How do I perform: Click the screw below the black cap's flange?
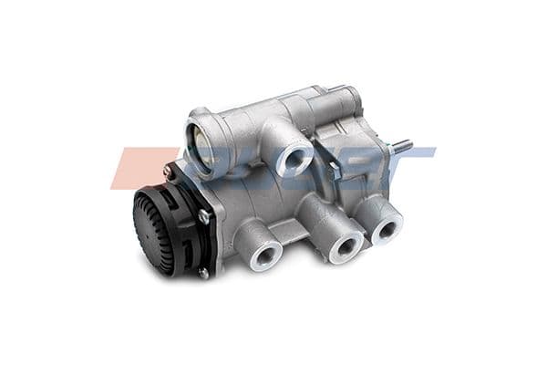pyautogui.click(x=203, y=272)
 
